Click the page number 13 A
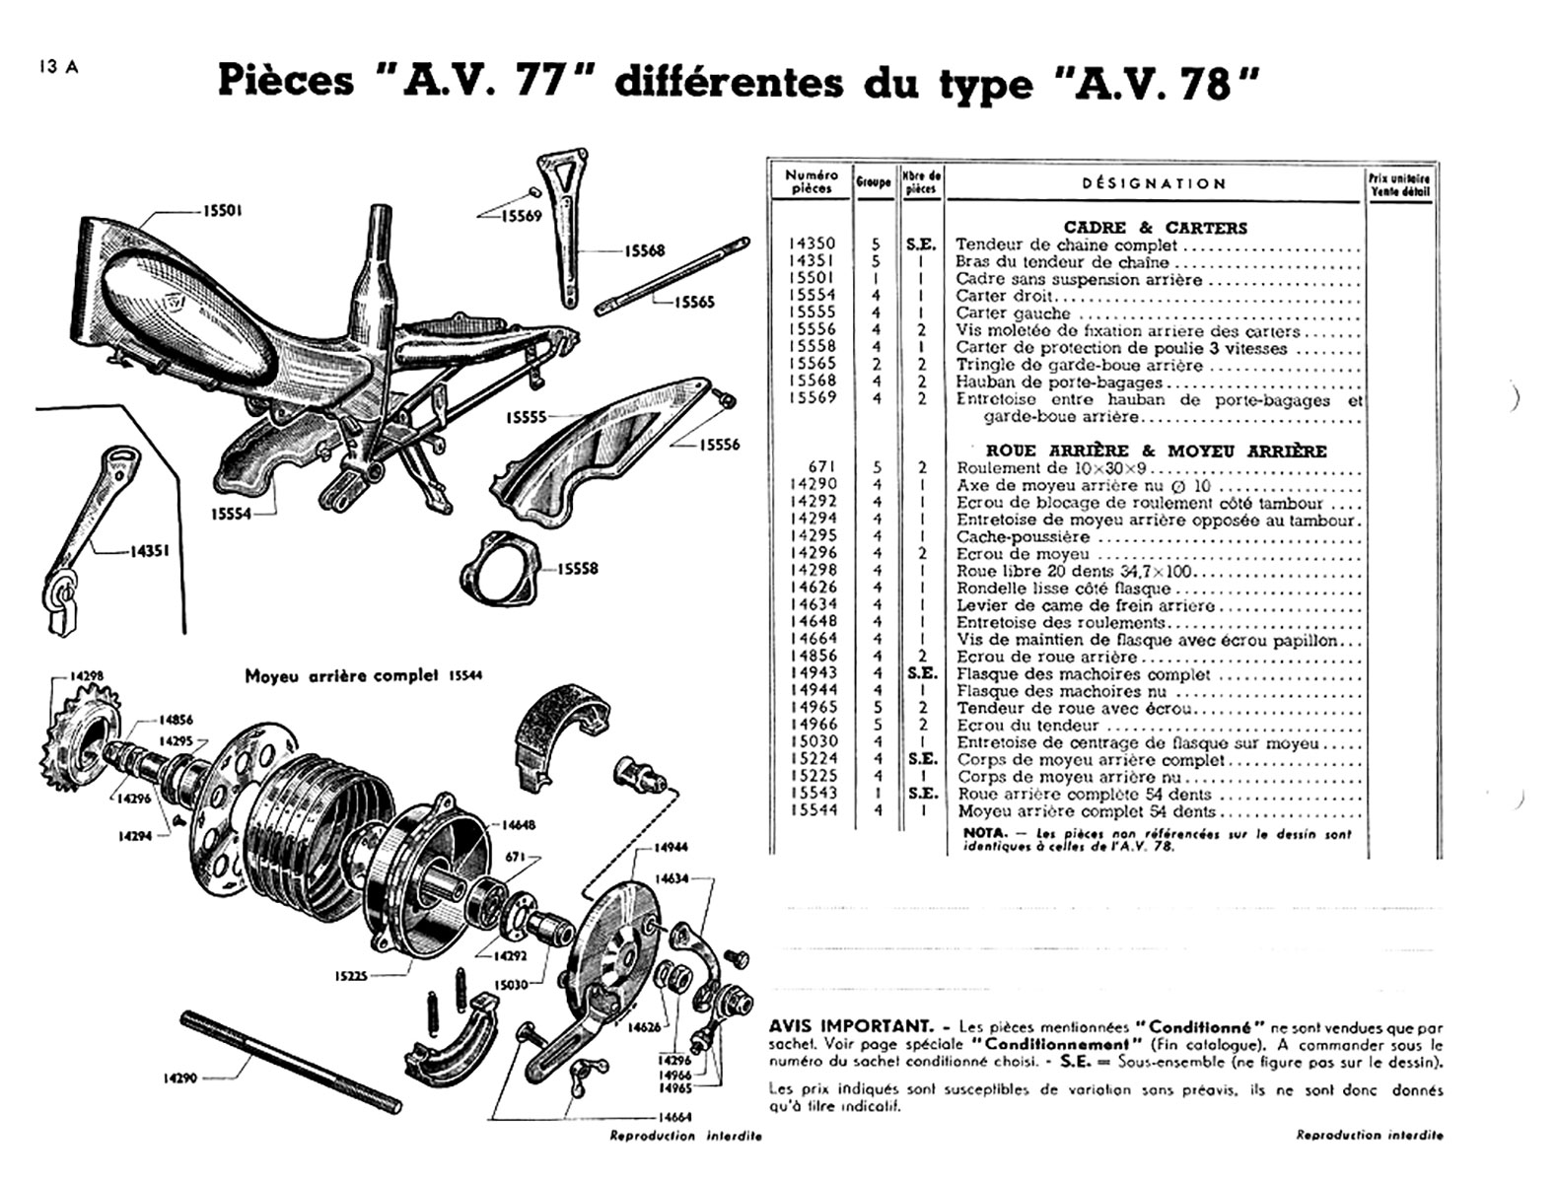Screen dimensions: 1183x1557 coord(58,67)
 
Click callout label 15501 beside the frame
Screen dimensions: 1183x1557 coord(223,210)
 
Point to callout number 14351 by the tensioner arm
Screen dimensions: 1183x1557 coord(149,550)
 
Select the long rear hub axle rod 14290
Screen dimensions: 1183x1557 coord(291,1060)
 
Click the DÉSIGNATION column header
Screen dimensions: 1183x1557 coord(1153,183)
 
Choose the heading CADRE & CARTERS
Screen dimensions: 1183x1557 coord(1155,228)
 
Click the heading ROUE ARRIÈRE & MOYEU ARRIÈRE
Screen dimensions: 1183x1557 coord(1156,451)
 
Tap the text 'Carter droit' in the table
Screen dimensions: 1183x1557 coord(992,296)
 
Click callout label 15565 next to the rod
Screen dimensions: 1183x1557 coord(694,303)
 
